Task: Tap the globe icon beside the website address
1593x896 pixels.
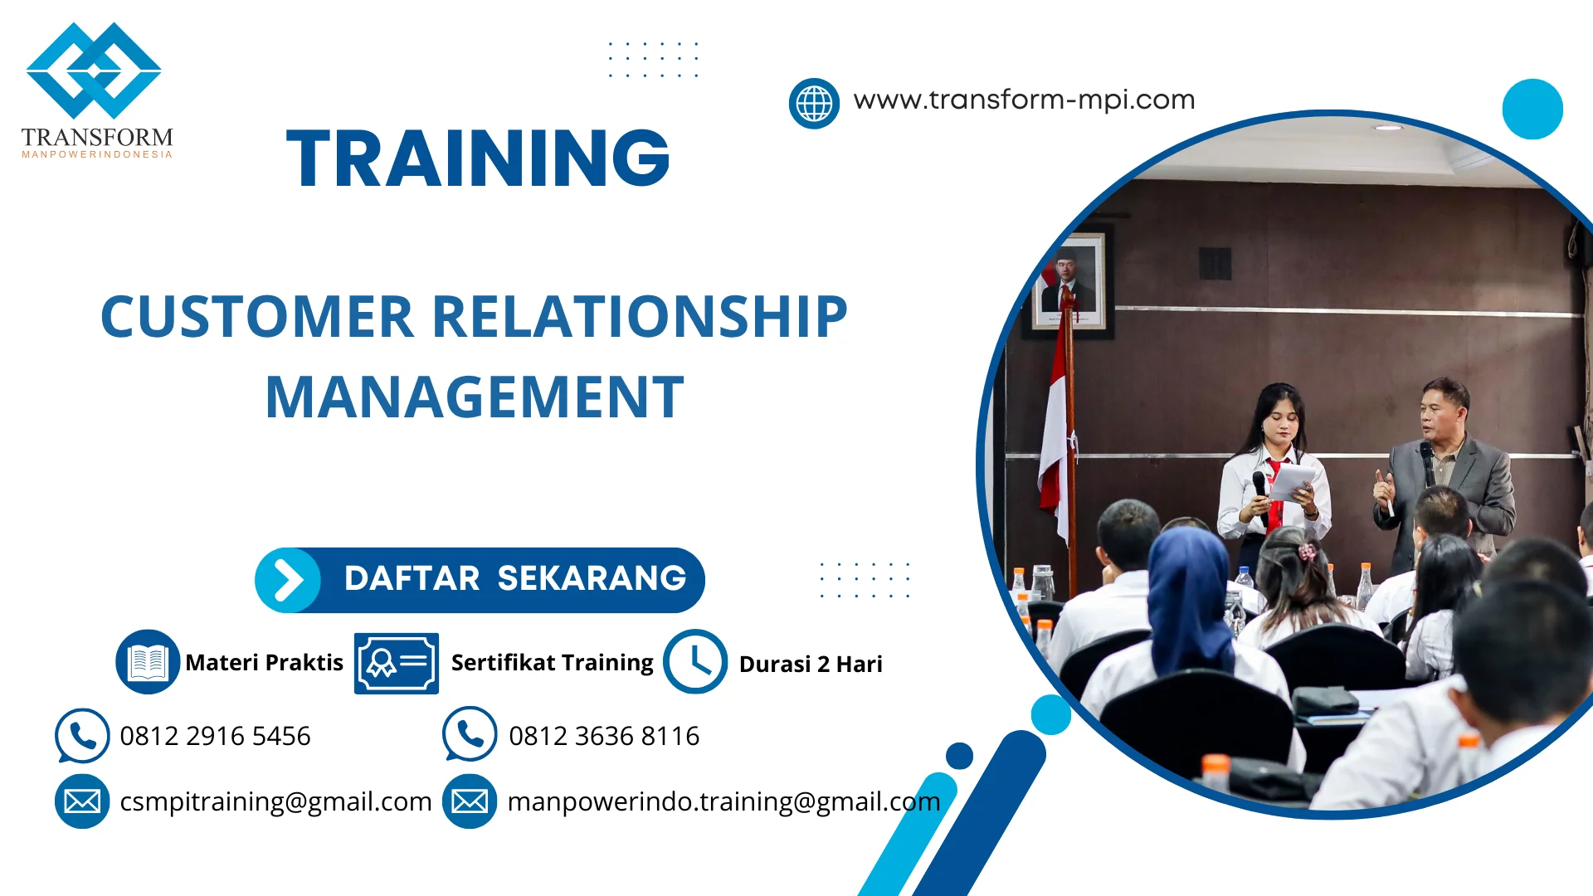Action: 814,104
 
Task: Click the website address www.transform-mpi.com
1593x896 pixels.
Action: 1024,100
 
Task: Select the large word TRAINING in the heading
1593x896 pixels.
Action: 478,158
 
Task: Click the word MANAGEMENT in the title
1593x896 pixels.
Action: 475,397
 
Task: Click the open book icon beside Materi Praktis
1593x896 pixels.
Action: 148,662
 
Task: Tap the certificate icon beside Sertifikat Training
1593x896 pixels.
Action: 396,663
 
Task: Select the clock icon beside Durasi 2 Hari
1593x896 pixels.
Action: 695,662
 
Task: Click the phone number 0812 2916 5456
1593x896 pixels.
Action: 215,736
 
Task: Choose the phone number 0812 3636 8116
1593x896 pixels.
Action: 604,736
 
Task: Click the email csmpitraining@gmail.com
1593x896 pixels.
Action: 275,801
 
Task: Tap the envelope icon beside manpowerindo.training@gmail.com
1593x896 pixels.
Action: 470,801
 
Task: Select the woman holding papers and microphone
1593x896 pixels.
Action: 1274,465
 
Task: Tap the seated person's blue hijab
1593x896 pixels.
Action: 1188,589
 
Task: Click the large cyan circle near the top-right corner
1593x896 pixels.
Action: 1532,109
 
